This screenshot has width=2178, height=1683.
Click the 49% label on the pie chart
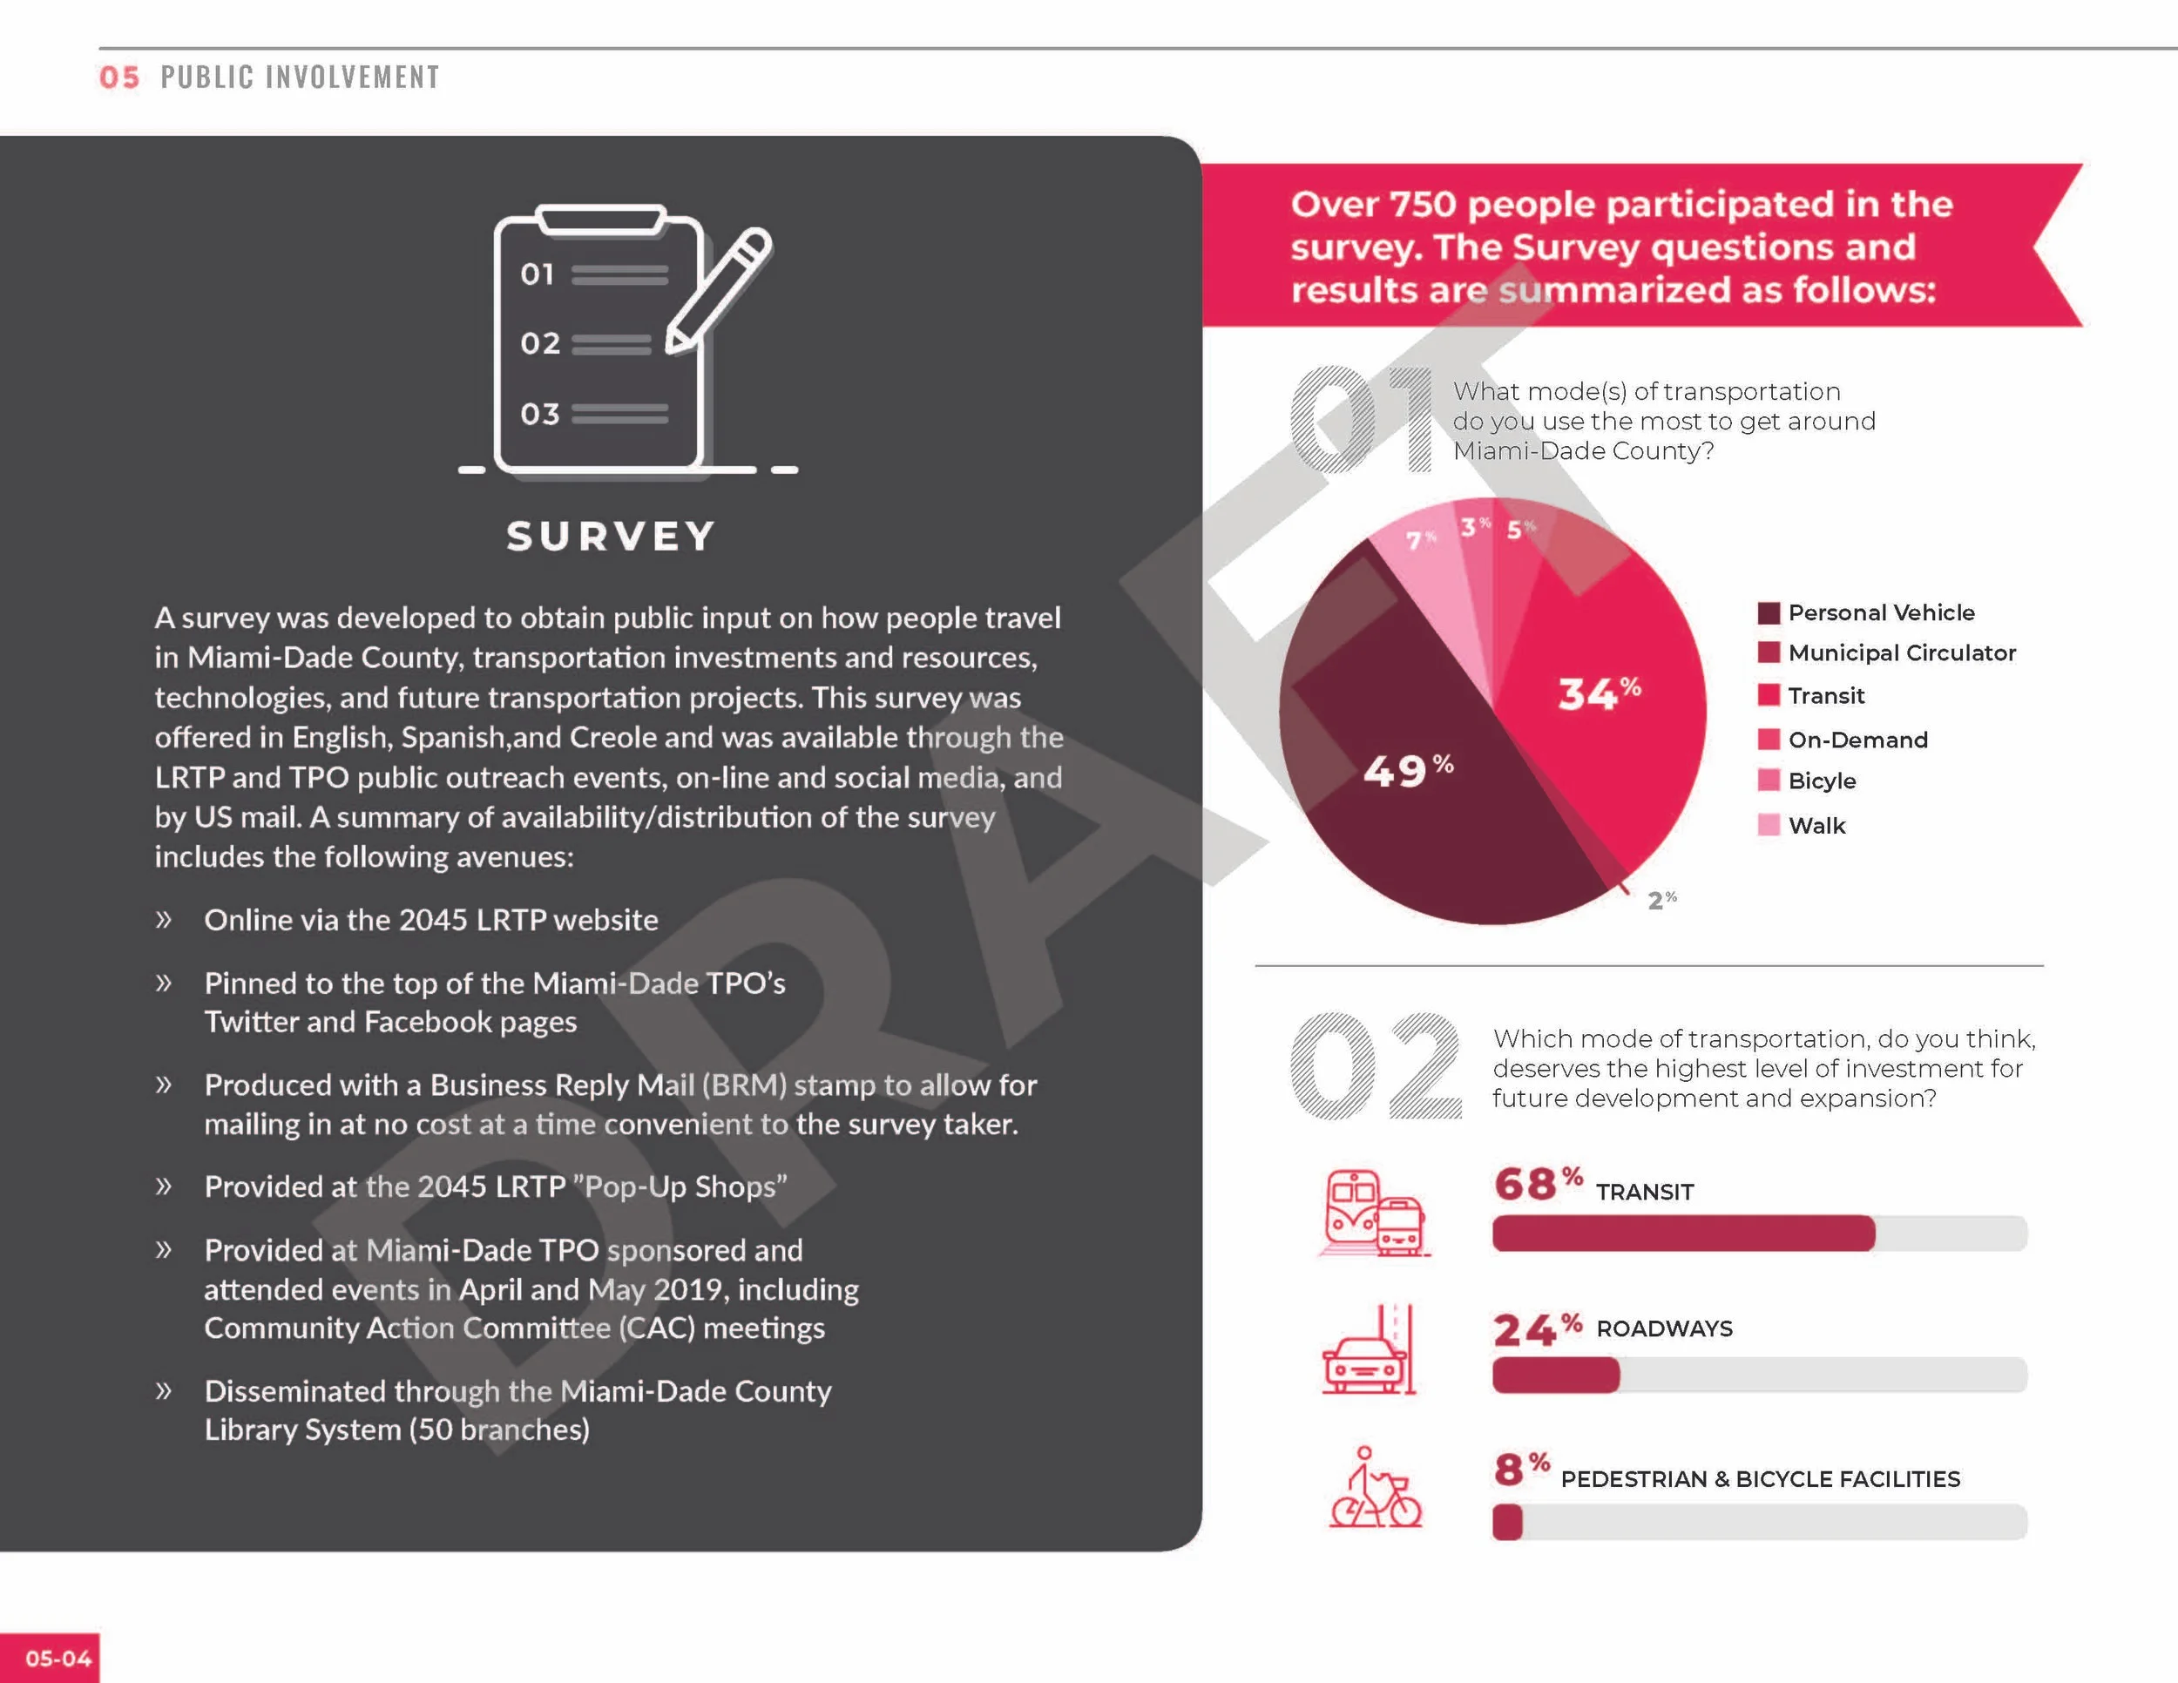1407,770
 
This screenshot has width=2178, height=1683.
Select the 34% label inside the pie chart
1600,692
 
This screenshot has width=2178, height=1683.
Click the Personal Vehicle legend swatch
1769,613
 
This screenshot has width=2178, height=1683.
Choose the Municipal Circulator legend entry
1886,653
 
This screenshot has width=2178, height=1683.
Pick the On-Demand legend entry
1842,740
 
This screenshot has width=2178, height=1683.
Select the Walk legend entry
1801,826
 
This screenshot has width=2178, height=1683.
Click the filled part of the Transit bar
1683,1234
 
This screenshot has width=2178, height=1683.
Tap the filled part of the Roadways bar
1556,1375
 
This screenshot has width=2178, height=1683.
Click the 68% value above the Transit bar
1538,1184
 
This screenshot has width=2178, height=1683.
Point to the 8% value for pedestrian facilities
1522,1469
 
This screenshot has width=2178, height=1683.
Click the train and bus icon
1376,1213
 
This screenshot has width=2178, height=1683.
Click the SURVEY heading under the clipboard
611,537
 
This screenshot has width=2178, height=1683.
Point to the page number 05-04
57,1658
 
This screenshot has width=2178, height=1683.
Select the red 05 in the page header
119,78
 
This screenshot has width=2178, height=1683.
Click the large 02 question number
1376,1065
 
